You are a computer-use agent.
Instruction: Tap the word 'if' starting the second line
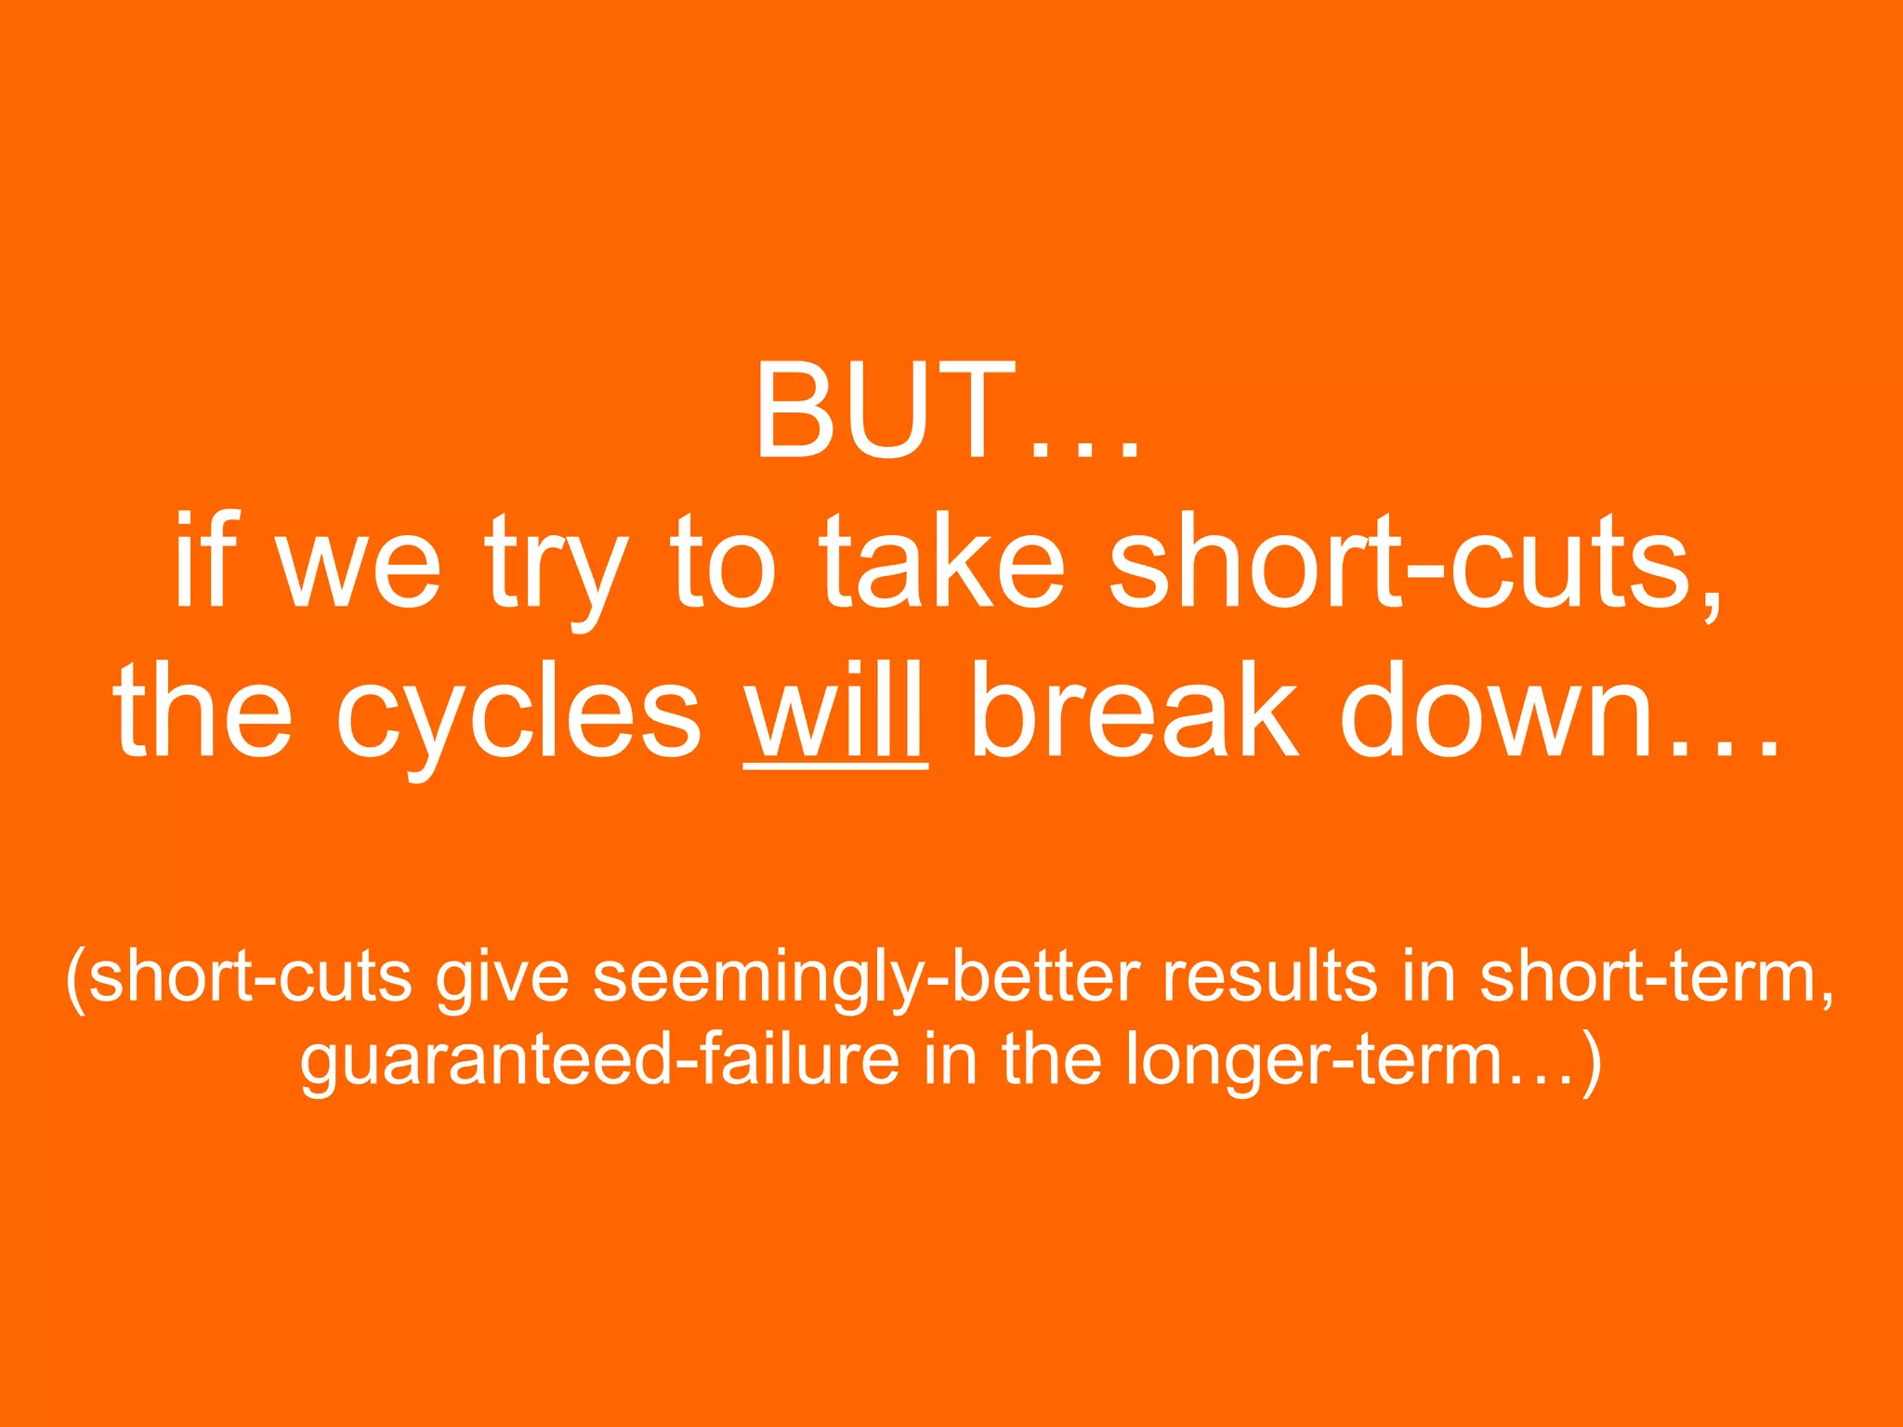(x=201, y=563)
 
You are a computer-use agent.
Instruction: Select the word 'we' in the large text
(x=359, y=567)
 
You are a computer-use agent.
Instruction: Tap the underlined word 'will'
(x=835, y=713)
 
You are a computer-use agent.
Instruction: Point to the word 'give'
(x=502, y=981)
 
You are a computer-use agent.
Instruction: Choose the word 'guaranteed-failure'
(x=600, y=1062)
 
